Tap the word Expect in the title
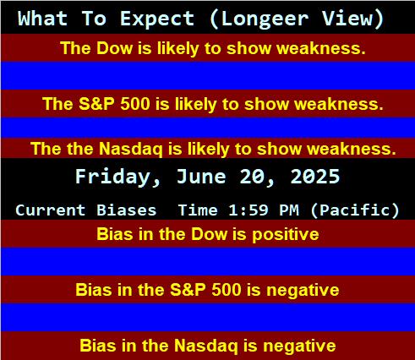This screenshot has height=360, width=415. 157,19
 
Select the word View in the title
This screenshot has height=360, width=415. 352,19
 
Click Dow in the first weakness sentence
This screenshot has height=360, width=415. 115,48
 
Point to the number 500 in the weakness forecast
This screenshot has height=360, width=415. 135,104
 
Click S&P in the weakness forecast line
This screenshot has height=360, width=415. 96,104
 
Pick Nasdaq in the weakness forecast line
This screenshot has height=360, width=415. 131,149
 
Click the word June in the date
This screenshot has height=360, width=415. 201,177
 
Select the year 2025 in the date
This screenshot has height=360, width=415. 315,177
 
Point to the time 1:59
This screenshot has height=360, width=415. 248,210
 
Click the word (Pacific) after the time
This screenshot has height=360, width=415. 354,210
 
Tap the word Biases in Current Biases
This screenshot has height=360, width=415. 126,210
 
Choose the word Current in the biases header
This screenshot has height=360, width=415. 50,210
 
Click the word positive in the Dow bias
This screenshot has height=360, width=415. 286,234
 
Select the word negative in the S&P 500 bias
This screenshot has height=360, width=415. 303,290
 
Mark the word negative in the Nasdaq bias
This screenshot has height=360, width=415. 299,346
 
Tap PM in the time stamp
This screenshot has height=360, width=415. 289,210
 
